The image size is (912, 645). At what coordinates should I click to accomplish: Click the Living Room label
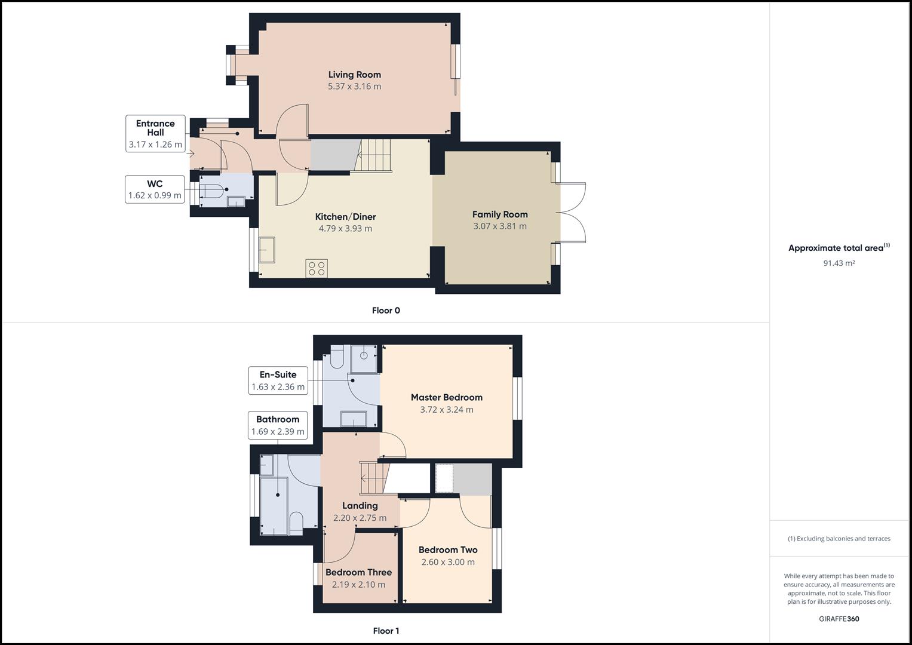[x=354, y=75]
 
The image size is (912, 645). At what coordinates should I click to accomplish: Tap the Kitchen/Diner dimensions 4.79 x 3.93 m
[x=345, y=228]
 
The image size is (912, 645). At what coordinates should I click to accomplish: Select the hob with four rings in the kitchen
[x=317, y=268]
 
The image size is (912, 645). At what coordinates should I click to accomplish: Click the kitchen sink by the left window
[x=266, y=250]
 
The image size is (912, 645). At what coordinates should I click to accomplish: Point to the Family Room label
[x=500, y=214]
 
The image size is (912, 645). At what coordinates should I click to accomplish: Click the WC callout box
[x=155, y=189]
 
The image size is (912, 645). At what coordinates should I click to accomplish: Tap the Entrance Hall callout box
[x=155, y=134]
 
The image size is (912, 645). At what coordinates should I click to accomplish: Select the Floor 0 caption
[x=386, y=311]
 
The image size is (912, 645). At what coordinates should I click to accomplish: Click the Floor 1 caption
[x=386, y=631]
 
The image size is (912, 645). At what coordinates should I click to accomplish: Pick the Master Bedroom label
[x=446, y=397]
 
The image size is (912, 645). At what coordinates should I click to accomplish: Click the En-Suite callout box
[x=278, y=380]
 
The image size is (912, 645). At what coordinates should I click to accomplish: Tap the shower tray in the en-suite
[x=363, y=355]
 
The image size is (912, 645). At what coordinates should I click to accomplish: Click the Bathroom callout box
[x=278, y=425]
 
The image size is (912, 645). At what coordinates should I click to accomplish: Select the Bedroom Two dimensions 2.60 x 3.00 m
[x=448, y=562]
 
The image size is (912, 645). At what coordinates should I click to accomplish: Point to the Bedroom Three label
[x=358, y=572]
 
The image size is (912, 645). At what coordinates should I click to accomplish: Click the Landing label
[x=360, y=505]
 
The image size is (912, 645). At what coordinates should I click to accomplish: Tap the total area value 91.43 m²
[x=839, y=263]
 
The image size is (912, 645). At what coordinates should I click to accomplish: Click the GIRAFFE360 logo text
[x=839, y=619]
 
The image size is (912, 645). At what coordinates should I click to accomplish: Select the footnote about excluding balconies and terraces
[x=839, y=539]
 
